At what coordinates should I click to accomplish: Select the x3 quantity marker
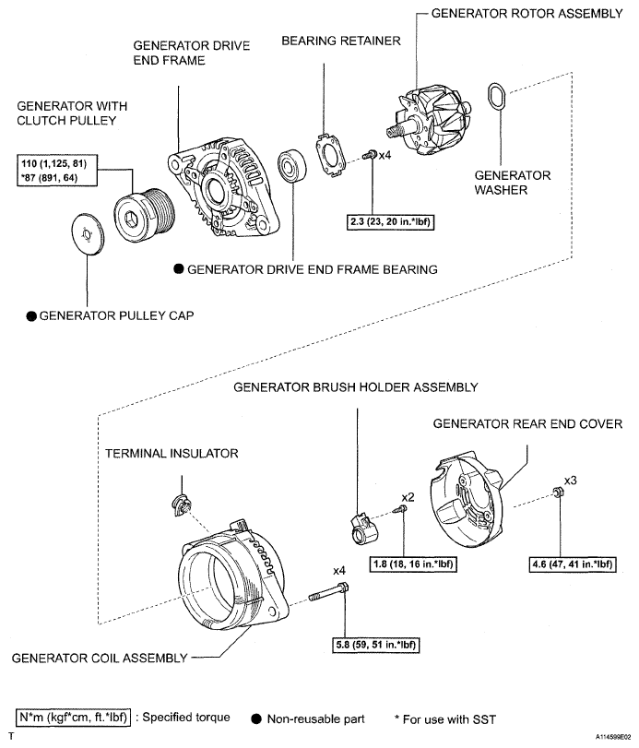(571, 481)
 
